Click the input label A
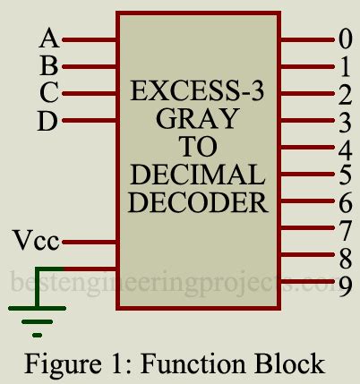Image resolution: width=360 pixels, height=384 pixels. tap(49, 38)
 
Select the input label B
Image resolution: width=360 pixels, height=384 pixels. tap(49, 65)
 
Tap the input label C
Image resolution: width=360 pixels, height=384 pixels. tap(49, 92)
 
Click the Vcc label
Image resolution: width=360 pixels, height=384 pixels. tap(37, 241)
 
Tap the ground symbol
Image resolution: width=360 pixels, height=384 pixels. tap(37, 314)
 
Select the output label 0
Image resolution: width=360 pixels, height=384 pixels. tap(345, 38)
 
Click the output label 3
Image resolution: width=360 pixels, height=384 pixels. tap(345, 120)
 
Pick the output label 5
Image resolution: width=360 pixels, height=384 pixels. tap(345, 175)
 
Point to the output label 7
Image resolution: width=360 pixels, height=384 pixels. tap(345, 230)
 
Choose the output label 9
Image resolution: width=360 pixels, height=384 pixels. tap(345, 285)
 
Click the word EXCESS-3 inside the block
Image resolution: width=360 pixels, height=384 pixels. tap(198, 91)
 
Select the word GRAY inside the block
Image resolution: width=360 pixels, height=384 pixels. tap(197, 118)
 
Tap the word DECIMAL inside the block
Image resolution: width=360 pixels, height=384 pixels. tap(197, 174)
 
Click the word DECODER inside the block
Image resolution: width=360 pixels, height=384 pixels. tap(197, 201)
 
